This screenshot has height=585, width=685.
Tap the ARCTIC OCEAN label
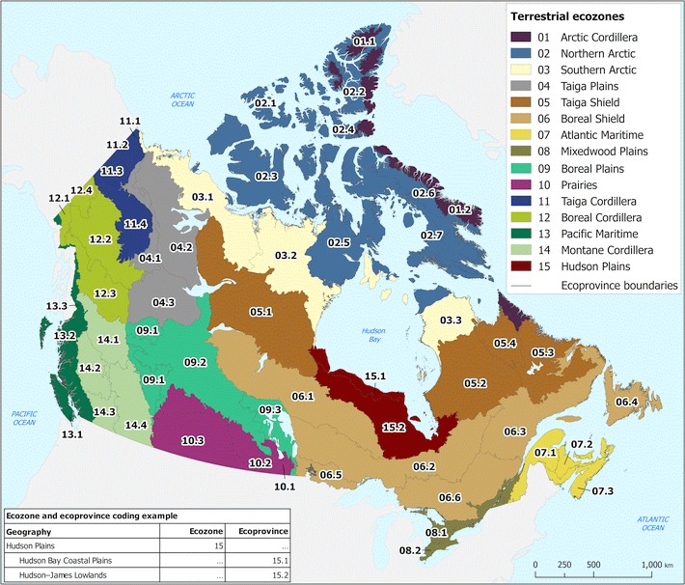pyautogui.click(x=182, y=100)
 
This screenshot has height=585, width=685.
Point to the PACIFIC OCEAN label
pyautogui.click(x=24, y=417)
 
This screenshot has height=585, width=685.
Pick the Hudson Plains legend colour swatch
pyautogui.click(x=523, y=265)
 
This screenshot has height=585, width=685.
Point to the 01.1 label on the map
pyautogui.click(x=364, y=42)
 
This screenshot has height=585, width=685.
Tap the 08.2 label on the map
pyautogui.click(x=410, y=550)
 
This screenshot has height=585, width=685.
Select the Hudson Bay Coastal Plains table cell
pyautogui.click(x=58, y=560)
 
